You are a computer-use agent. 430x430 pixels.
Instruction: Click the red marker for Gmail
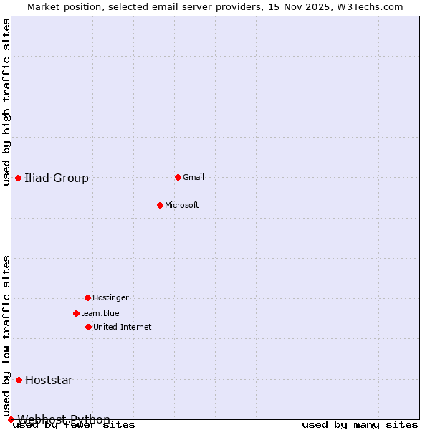(x=178, y=177)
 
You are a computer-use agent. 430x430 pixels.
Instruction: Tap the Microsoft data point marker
(x=160, y=205)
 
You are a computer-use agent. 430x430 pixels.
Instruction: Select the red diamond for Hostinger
(x=87, y=297)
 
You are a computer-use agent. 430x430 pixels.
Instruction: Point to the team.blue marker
(x=76, y=313)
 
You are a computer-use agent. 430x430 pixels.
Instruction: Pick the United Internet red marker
(x=88, y=327)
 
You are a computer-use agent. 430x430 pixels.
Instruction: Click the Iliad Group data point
(x=18, y=178)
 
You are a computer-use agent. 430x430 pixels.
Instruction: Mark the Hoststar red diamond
(x=19, y=380)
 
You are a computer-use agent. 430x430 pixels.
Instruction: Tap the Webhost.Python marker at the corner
(x=11, y=419)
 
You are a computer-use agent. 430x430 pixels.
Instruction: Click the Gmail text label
(x=193, y=177)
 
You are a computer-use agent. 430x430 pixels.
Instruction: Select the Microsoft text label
(x=182, y=205)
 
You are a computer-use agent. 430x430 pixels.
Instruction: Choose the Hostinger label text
(x=111, y=297)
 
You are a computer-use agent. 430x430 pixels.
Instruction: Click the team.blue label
(x=100, y=313)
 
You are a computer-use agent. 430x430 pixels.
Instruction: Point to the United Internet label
(x=123, y=327)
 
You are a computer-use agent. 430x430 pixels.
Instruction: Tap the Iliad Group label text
(x=57, y=178)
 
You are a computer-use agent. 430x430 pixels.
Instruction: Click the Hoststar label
(x=49, y=380)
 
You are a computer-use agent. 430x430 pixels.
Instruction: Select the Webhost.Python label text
(x=64, y=419)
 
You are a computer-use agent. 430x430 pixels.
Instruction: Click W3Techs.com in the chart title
(x=370, y=6)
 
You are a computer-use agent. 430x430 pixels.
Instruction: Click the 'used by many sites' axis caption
(x=360, y=424)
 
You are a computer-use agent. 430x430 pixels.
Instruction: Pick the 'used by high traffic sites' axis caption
(x=6, y=102)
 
